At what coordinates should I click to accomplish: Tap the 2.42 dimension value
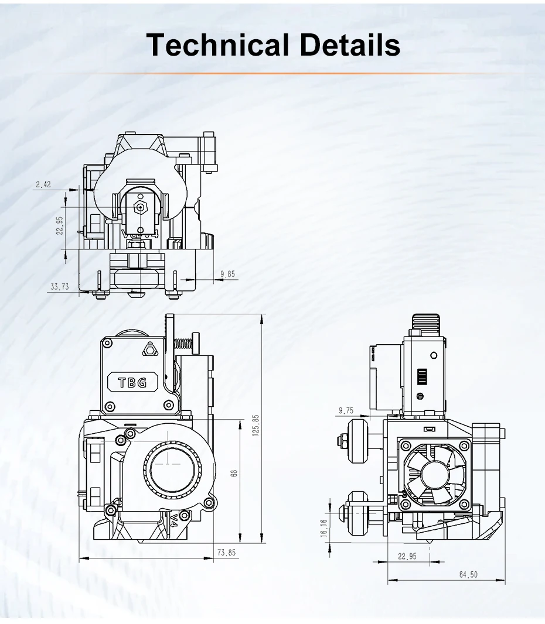pos(43,184)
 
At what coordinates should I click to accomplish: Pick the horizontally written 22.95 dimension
pos(407,557)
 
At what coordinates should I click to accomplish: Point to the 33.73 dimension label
pos(60,287)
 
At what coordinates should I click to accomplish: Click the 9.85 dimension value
pos(227,274)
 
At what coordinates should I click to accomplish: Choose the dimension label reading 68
pos(234,472)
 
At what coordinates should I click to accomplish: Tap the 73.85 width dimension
pos(226,552)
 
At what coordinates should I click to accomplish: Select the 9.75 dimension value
pos(346,410)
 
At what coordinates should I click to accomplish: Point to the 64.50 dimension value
pos(468,575)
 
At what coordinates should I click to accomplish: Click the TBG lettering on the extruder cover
pos(132,383)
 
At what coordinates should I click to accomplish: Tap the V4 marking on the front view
pos(175,517)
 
